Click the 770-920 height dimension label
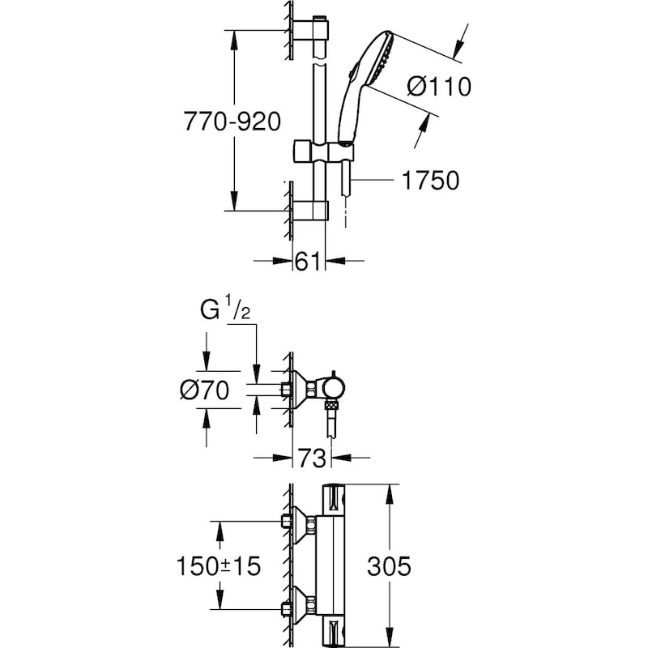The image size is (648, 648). pyautogui.click(x=232, y=122)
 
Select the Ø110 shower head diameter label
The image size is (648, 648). pyautogui.click(x=438, y=86)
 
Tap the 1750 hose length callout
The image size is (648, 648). pyautogui.click(x=430, y=181)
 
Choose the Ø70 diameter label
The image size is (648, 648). pyautogui.click(x=204, y=390)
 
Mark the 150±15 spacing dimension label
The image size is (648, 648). pyautogui.click(x=219, y=566)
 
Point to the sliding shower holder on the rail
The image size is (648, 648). pyautogui.click(x=324, y=151)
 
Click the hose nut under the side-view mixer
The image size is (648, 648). pyautogui.click(x=330, y=404)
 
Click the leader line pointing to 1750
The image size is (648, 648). pyautogui.click(x=375, y=181)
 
